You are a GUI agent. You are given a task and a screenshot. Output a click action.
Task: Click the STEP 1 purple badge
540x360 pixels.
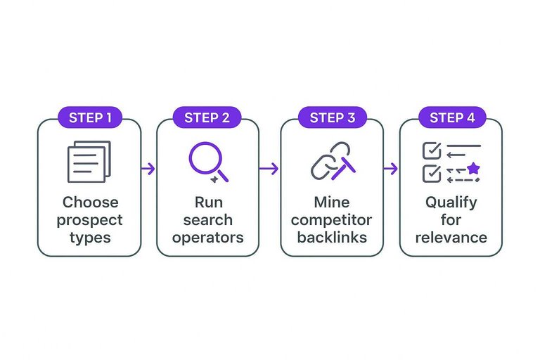pos(89,117)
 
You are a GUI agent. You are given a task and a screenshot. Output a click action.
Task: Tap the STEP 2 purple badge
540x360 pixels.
pos(207,117)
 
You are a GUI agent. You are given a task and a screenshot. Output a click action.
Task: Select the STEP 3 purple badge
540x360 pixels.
pos(332,117)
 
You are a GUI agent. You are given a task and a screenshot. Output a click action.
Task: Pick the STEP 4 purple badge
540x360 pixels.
pos(451,117)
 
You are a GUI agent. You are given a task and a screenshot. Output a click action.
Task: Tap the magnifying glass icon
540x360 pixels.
pos(208,162)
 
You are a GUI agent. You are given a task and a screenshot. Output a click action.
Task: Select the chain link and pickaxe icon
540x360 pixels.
pos(333,161)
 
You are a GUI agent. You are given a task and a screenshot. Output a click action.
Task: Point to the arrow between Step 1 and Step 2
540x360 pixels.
pos(148,169)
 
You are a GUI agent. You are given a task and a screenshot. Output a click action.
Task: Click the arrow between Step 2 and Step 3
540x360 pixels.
pos(269,169)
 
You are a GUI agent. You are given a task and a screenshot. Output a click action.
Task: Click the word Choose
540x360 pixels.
pos(90,202)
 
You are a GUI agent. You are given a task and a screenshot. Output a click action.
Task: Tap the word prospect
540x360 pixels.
pos(90,219)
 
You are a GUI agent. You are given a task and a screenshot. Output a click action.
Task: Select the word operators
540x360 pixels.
pos(208,237)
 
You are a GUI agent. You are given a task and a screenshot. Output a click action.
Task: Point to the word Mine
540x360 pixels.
pos(332,202)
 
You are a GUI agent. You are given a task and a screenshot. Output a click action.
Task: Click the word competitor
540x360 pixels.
pos(332,219)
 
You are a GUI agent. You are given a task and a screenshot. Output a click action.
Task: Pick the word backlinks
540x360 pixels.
pos(332,237)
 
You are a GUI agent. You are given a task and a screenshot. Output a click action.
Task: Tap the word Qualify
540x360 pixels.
pos(451,202)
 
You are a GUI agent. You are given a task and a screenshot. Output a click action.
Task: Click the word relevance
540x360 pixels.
pos(451,237)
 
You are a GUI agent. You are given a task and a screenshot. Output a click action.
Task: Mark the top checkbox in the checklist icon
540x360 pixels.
pos(430,150)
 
